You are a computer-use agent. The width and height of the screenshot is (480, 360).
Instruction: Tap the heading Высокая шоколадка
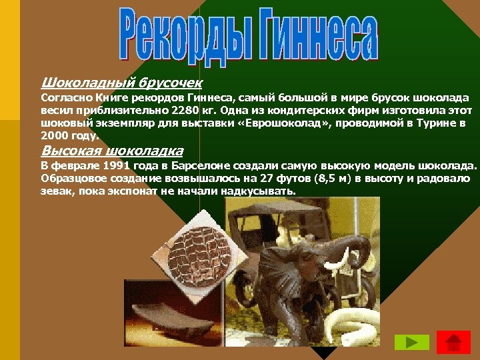point(111,150)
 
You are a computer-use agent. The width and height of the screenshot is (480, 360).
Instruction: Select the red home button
point(453,342)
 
